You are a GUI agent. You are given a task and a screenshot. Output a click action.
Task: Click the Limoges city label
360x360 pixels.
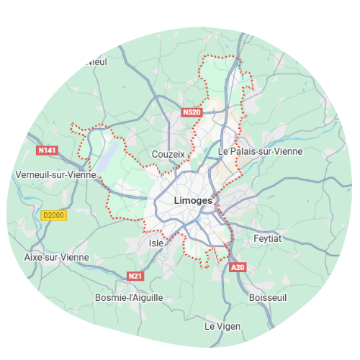(193, 200)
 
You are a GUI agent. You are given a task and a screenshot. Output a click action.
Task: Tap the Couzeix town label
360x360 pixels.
(168, 154)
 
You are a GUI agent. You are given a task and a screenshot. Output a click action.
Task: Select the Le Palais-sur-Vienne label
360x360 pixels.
(260, 151)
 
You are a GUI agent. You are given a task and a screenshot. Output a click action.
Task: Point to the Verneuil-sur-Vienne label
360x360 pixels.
(54, 175)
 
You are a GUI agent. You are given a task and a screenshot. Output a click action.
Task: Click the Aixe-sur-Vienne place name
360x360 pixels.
(57, 257)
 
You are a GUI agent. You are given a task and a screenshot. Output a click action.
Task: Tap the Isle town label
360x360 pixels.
(156, 243)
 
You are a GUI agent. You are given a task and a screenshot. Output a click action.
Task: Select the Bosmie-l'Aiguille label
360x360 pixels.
(130, 297)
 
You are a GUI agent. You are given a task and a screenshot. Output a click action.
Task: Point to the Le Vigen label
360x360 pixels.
(222, 326)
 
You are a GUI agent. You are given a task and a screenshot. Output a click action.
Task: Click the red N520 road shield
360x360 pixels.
(192, 112)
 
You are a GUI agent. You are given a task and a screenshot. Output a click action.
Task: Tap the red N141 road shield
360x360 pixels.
(47, 150)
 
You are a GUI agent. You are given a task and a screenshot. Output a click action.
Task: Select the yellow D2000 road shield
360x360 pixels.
(53, 215)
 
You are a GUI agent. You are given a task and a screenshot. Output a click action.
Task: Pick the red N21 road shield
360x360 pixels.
(135, 276)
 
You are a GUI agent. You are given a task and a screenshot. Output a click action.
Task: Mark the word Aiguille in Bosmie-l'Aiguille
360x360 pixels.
(147, 297)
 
